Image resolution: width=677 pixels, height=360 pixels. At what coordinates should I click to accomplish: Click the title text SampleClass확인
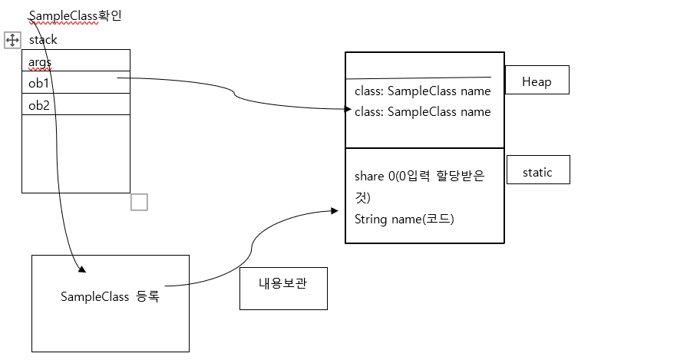click(x=74, y=16)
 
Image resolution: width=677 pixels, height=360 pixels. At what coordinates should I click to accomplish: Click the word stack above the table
click(x=43, y=40)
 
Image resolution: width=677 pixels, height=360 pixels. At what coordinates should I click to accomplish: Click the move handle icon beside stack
click(x=12, y=40)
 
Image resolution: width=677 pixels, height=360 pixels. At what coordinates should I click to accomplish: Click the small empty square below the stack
click(x=139, y=202)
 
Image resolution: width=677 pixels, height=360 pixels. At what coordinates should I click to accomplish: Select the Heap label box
click(x=537, y=81)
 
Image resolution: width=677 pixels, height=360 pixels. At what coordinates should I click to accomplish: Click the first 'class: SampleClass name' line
click(x=422, y=91)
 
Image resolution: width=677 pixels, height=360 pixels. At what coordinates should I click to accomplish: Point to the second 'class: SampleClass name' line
click(x=422, y=112)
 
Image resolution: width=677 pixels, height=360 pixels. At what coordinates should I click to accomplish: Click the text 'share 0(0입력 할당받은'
click(x=419, y=177)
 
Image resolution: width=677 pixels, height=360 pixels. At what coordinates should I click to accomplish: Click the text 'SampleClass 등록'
click(x=110, y=296)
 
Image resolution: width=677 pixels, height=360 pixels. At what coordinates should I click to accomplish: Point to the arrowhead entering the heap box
click(x=348, y=110)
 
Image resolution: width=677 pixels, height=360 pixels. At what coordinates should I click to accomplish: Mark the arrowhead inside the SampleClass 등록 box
click(x=81, y=269)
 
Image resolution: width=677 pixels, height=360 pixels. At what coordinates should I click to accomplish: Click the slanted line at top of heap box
click(x=418, y=78)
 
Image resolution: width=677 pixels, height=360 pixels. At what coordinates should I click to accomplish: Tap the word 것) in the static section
click(x=362, y=198)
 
